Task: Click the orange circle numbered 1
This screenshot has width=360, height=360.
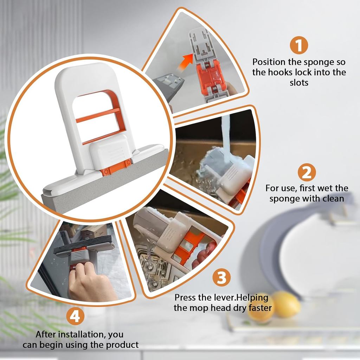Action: point(299,45)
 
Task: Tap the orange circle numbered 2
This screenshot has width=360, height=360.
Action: point(307,172)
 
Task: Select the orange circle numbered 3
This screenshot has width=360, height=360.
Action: point(221,277)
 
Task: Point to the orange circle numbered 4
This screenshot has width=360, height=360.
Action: point(75,316)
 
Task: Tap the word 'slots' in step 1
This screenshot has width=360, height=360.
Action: point(299,82)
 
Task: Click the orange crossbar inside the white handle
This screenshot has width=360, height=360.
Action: point(98,115)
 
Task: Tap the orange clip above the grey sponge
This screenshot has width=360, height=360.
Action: point(116,167)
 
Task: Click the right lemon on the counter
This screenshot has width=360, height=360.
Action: point(286,304)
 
